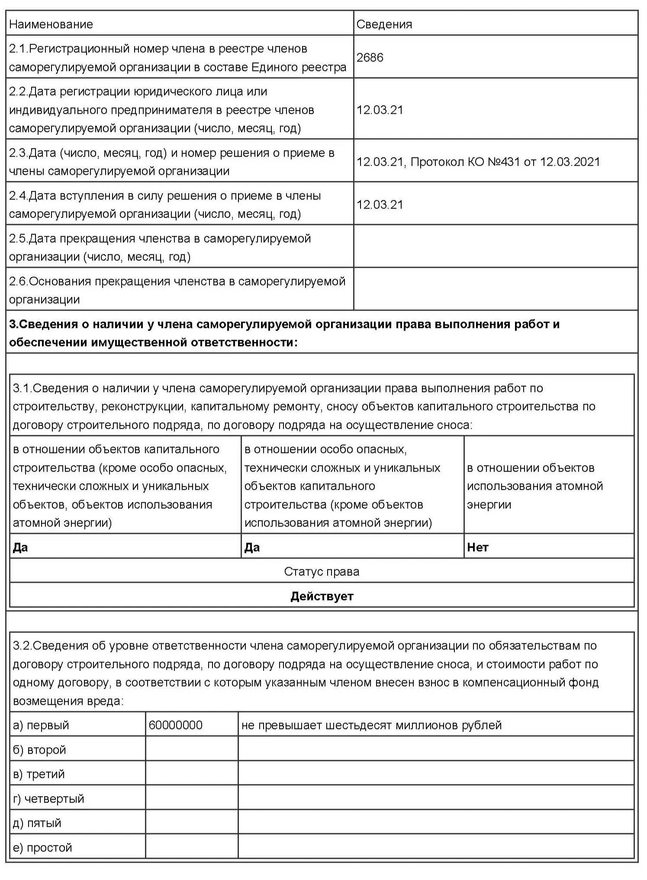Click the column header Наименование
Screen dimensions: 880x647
pyautogui.click(x=51, y=24)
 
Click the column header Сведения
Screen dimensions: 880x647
pyautogui.click(x=384, y=24)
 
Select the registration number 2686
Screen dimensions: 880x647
pyautogui.click(x=370, y=58)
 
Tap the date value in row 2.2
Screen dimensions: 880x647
pyautogui.click(x=380, y=110)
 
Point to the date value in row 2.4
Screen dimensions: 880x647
pyautogui.click(x=380, y=205)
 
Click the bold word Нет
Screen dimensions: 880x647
pyautogui.click(x=478, y=547)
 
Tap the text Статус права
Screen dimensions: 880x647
pyautogui.click(x=322, y=572)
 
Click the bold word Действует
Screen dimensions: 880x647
pyautogui.click(x=322, y=596)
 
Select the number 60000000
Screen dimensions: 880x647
pyautogui.click(x=175, y=725)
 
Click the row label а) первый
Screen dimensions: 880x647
pyautogui.click(x=41, y=725)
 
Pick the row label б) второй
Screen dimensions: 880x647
pyautogui.click(x=39, y=750)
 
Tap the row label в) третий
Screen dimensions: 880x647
pyautogui.click(x=39, y=774)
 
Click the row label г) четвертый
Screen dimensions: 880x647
pyautogui.click(x=48, y=799)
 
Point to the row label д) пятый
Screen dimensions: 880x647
pyautogui.click(x=37, y=823)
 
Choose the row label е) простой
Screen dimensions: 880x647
pyautogui.click(x=42, y=848)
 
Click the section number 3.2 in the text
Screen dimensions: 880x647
pyautogui.click(x=21, y=646)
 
